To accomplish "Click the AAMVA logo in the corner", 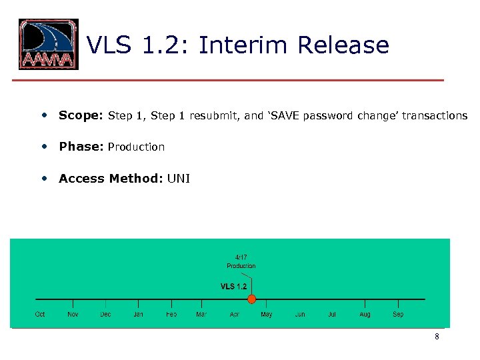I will pyautogui.click(x=48, y=45).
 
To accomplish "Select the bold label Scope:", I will pyautogui.click(x=79, y=115).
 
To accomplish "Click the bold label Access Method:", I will pyautogui.click(x=111, y=179).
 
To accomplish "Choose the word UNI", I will pyautogui.click(x=179, y=179).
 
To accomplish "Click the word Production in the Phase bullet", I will pyautogui.click(x=136, y=147).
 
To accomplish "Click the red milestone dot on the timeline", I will pyautogui.click(x=252, y=299).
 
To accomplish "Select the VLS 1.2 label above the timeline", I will pyautogui.click(x=233, y=287).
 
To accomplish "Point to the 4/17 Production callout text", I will pyautogui.click(x=241, y=261).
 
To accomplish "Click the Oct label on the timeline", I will pyautogui.click(x=40, y=314).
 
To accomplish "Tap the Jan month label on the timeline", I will pyautogui.click(x=138, y=314).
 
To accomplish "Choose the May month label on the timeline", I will pyautogui.click(x=266, y=314).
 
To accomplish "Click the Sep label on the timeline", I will pyautogui.click(x=398, y=314).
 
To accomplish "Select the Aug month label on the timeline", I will pyautogui.click(x=365, y=314).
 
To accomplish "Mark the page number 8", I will pyautogui.click(x=437, y=337).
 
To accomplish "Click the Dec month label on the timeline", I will pyautogui.click(x=105, y=314).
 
